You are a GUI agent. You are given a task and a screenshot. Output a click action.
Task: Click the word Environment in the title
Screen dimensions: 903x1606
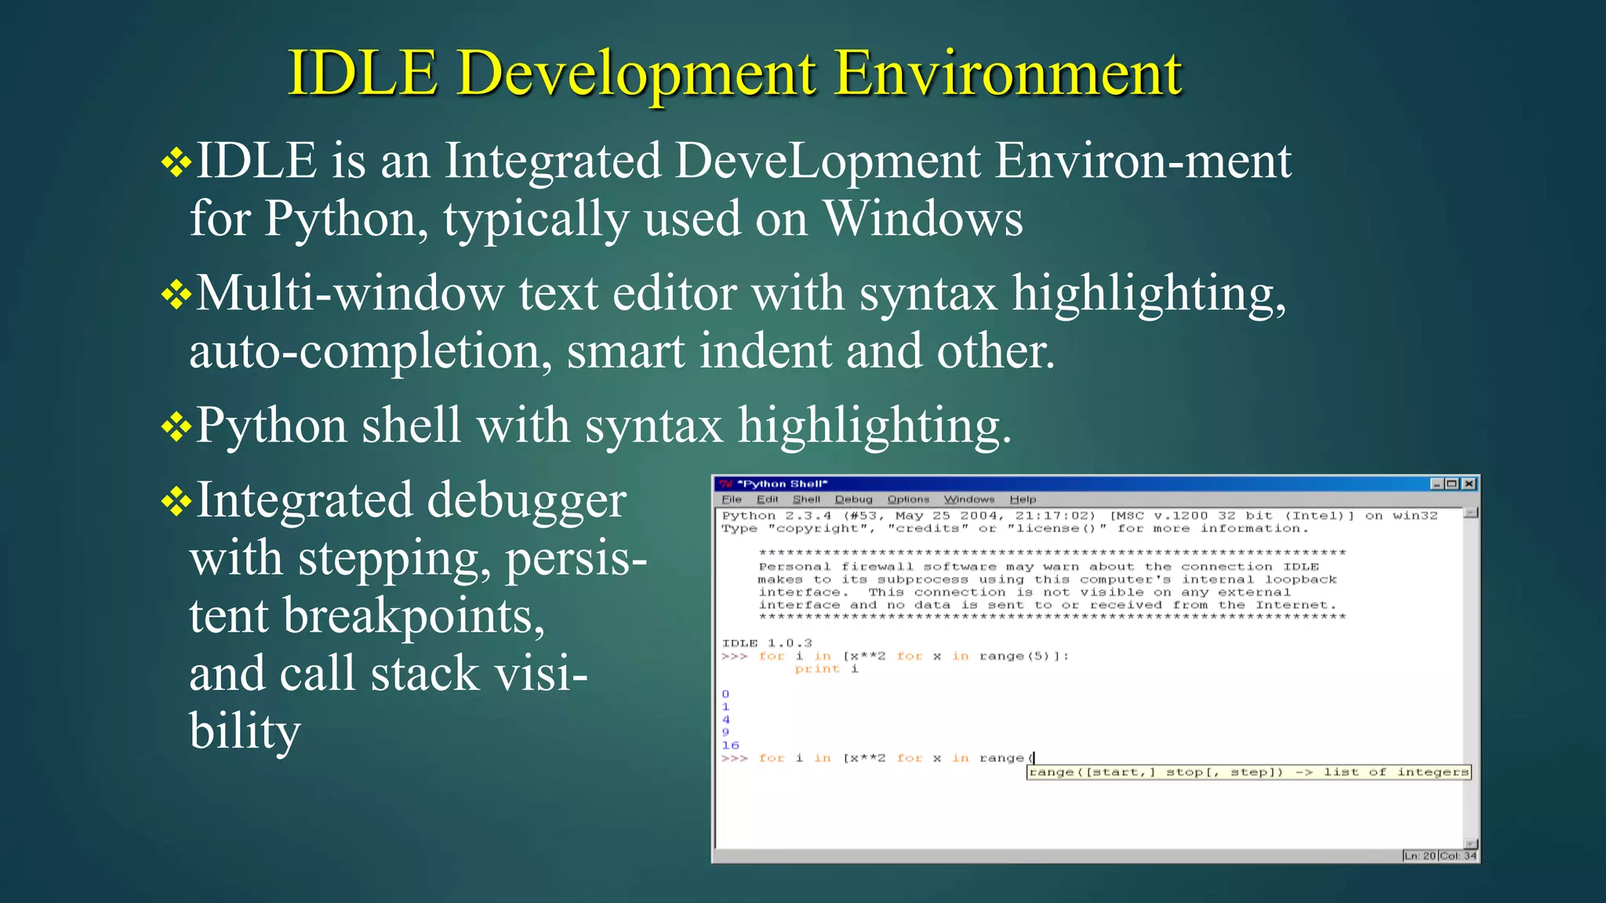(x=1007, y=73)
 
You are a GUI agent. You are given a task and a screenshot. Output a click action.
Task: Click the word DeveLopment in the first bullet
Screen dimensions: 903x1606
(x=827, y=161)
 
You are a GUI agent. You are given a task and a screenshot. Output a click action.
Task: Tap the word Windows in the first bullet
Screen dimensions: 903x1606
(x=923, y=219)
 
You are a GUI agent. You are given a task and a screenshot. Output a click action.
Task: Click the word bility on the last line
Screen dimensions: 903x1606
(x=245, y=731)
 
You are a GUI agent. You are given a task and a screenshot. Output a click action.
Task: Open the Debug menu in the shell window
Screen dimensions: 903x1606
(x=853, y=499)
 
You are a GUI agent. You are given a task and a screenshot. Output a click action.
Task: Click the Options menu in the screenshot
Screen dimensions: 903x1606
(x=908, y=499)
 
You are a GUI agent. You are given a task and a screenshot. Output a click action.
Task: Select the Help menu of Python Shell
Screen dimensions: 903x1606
(x=1023, y=499)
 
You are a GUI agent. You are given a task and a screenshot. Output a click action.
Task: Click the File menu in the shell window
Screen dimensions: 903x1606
(x=732, y=499)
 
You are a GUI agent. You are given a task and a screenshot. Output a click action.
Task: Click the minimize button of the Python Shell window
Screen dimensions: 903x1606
(x=1437, y=484)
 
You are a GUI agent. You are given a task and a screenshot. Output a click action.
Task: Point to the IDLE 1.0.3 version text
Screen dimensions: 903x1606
(x=766, y=643)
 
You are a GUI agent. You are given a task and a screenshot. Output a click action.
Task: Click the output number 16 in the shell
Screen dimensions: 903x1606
(x=730, y=745)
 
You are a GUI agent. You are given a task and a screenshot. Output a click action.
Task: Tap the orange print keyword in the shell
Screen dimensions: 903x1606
(x=817, y=669)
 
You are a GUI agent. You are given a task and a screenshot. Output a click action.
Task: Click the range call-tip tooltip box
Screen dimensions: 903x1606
(x=1248, y=772)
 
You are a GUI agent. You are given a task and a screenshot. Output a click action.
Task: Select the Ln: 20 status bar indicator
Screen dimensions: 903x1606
(x=1419, y=855)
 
